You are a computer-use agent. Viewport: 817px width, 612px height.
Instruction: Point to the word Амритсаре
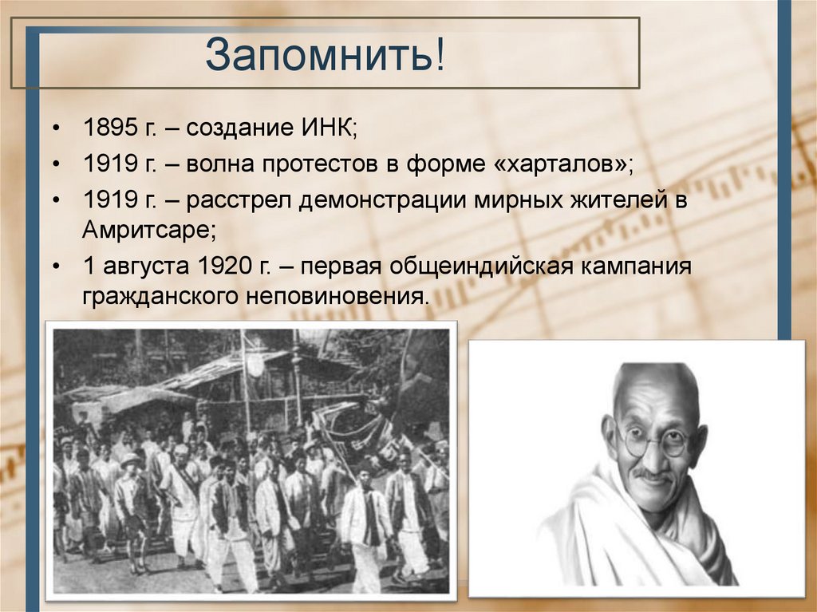coord(148,229)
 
